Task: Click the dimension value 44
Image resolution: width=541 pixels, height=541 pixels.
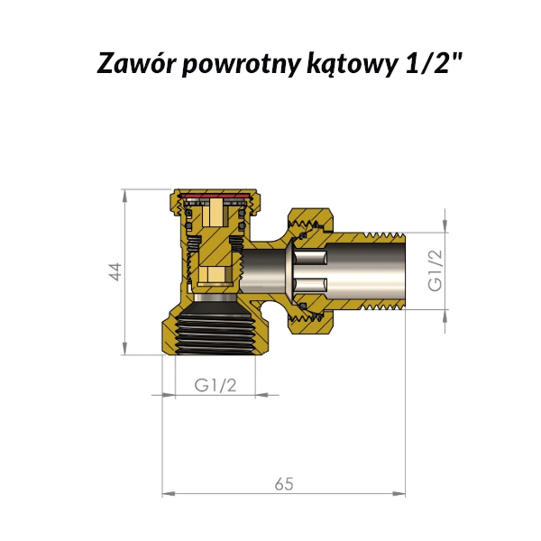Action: [x=116, y=272]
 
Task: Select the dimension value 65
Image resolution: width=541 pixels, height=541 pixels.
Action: [x=284, y=484]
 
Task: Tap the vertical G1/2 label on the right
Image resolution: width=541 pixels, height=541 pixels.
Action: [x=435, y=270]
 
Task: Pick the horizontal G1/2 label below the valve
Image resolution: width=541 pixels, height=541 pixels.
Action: [x=215, y=385]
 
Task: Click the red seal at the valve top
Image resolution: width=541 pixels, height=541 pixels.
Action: [x=215, y=196]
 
